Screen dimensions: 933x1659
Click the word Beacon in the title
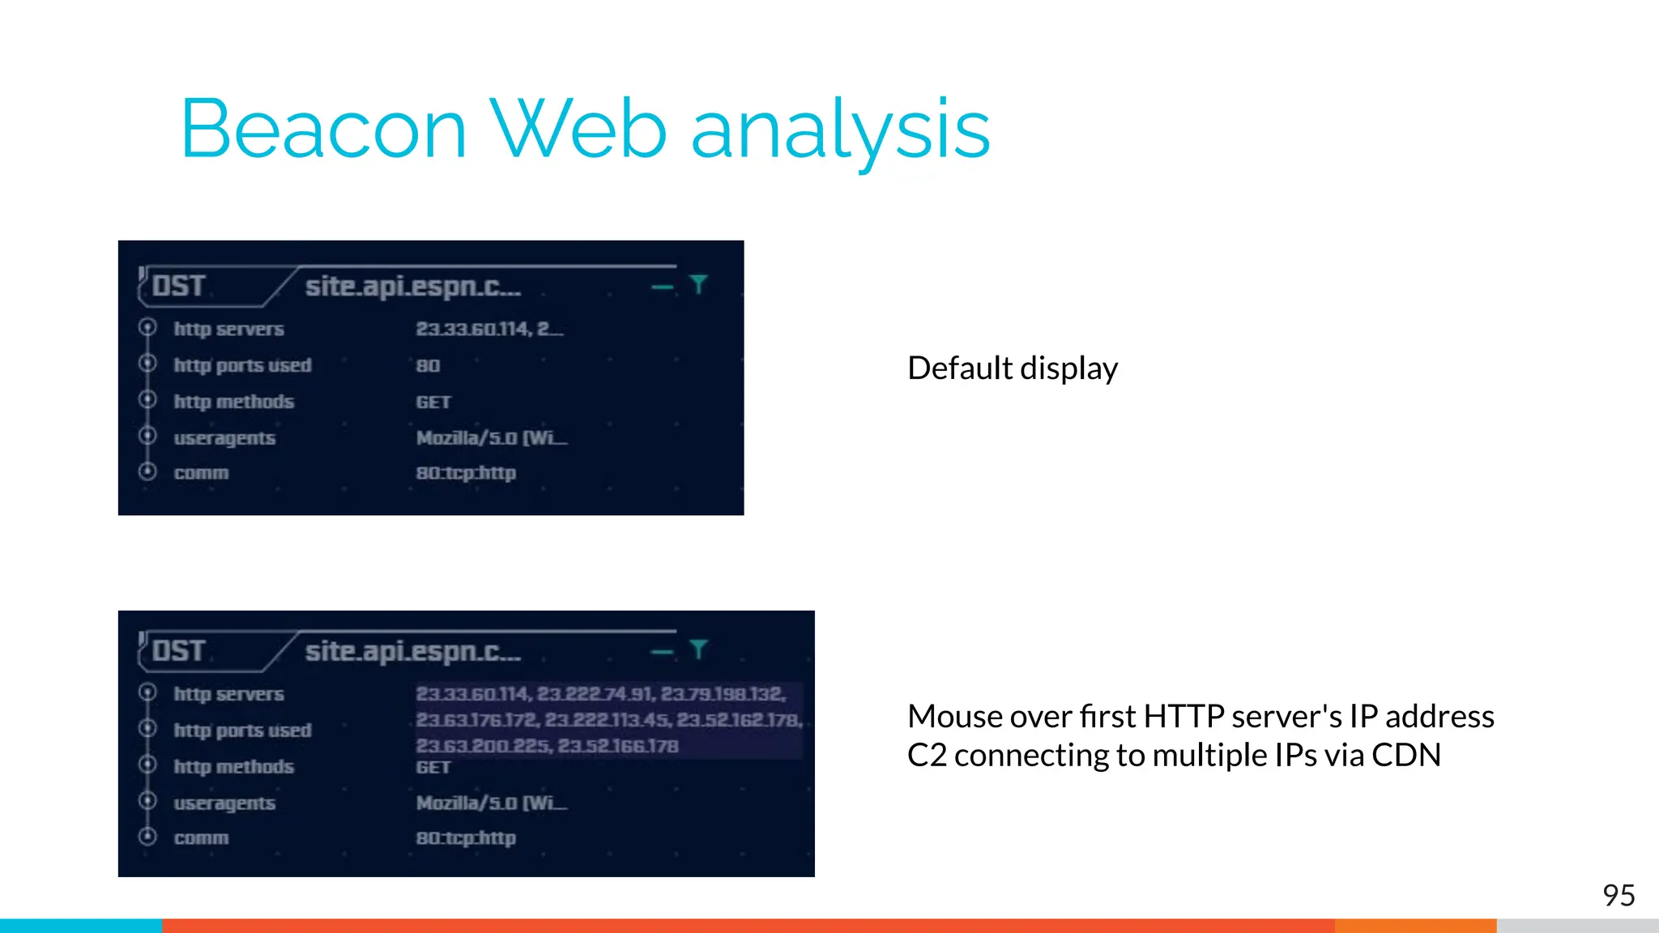tap(324, 130)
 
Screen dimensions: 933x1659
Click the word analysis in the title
tap(840, 130)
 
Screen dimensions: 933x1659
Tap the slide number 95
tap(1618, 895)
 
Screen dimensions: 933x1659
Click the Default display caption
tap(1012, 369)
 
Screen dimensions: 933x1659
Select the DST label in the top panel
tap(178, 286)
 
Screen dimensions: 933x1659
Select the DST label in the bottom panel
tap(178, 651)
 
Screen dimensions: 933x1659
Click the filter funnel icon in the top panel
tap(698, 284)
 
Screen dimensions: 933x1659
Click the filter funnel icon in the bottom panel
tap(698, 649)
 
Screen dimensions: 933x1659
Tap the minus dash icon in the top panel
tap(662, 287)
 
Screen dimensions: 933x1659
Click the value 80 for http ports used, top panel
tap(428, 366)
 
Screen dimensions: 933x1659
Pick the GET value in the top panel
tap(433, 403)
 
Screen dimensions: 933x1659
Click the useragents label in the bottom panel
tap(224, 803)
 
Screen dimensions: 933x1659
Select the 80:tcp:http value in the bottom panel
tap(466, 838)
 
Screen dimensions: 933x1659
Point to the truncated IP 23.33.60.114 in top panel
tap(473, 329)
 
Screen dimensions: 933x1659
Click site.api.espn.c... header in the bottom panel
tap(412, 651)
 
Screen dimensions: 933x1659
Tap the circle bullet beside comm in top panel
tap(147, 471)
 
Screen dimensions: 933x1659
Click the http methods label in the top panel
tap(233, 402)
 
